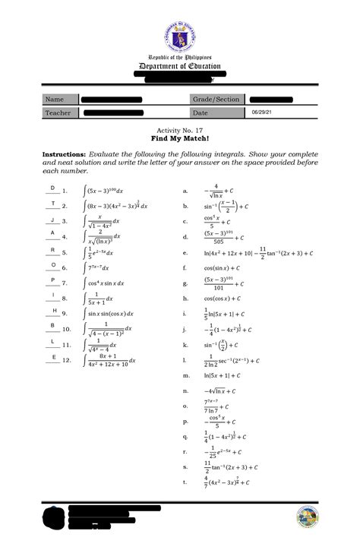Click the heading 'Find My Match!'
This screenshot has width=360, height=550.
180,141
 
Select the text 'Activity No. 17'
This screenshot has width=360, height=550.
180,131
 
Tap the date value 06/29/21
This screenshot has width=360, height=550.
262,112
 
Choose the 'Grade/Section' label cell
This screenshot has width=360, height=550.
216,99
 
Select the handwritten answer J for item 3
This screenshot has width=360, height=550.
52,219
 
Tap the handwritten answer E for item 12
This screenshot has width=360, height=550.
53,356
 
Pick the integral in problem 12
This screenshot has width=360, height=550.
110,360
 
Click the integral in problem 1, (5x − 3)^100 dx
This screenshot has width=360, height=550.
106,190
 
